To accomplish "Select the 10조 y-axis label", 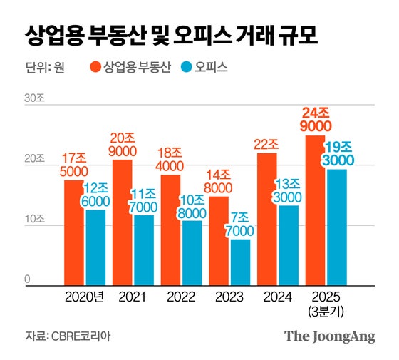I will pyautogui.click(x=35, y=222).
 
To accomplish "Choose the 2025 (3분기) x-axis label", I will pyautogui.click(x=325, y=302).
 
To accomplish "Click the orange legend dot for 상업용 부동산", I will pyautogui.click(x=95, y=68).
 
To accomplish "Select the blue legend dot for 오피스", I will pyautogui.click(x=187, y=68).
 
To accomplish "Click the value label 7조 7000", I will pyautogui.click(x=240, y=223).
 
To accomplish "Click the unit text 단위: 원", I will pyautogui.click(x=44, y=68).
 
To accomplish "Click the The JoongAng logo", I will pyautogui.click(x=329, y=336).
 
